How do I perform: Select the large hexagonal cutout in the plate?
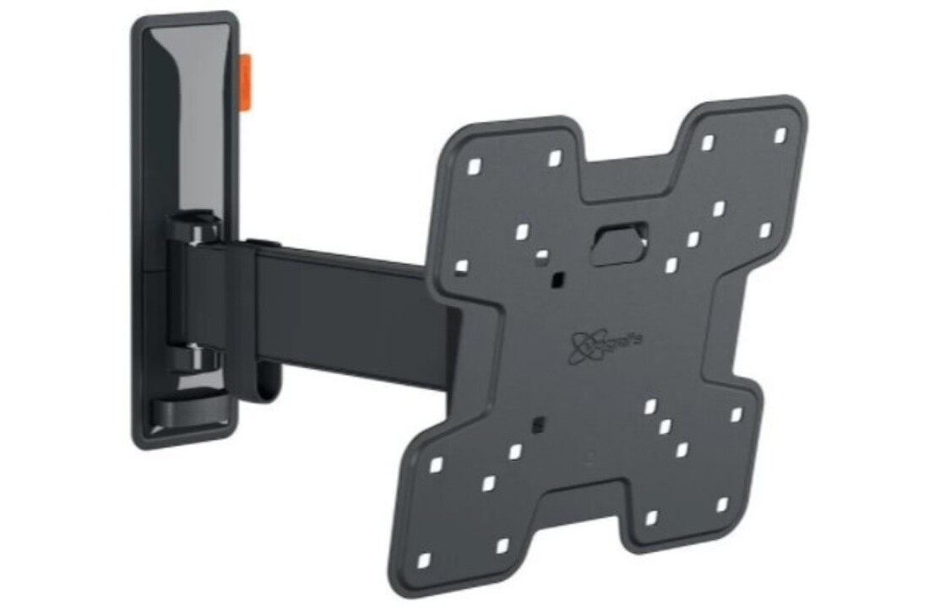[x=620, y=241]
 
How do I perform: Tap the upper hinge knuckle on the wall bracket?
[x=193, y=230]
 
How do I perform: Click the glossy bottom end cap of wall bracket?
[x=189, y=412]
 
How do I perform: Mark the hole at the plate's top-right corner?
[x=779, y=135]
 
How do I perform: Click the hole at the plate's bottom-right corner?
[x=722, y=505]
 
